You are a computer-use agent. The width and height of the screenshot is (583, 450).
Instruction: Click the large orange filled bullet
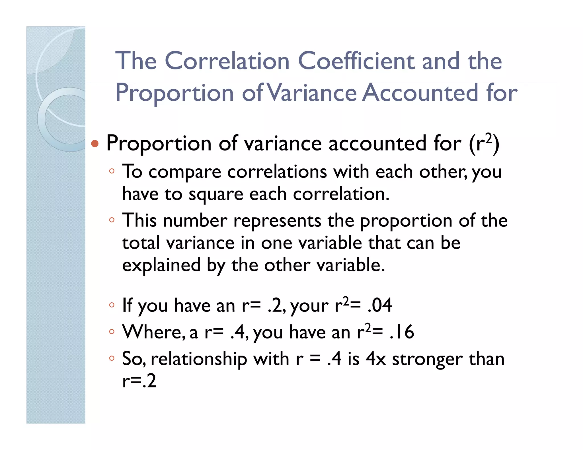point(95,144)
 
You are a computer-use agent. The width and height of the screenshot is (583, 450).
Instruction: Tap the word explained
point(161,265)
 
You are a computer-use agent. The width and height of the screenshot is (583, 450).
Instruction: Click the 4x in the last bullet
point(375,359)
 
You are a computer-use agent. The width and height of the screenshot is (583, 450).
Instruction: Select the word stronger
point(427,359)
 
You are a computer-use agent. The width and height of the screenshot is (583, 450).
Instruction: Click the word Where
point(153,332)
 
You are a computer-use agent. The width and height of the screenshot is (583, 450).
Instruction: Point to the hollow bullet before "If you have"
point(112,305)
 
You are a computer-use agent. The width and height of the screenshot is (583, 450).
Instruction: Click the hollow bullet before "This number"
point(112,220)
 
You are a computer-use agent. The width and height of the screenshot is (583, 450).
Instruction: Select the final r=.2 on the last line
point(139,381)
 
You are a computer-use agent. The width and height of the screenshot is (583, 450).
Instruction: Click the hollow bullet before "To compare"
point(112,171)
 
